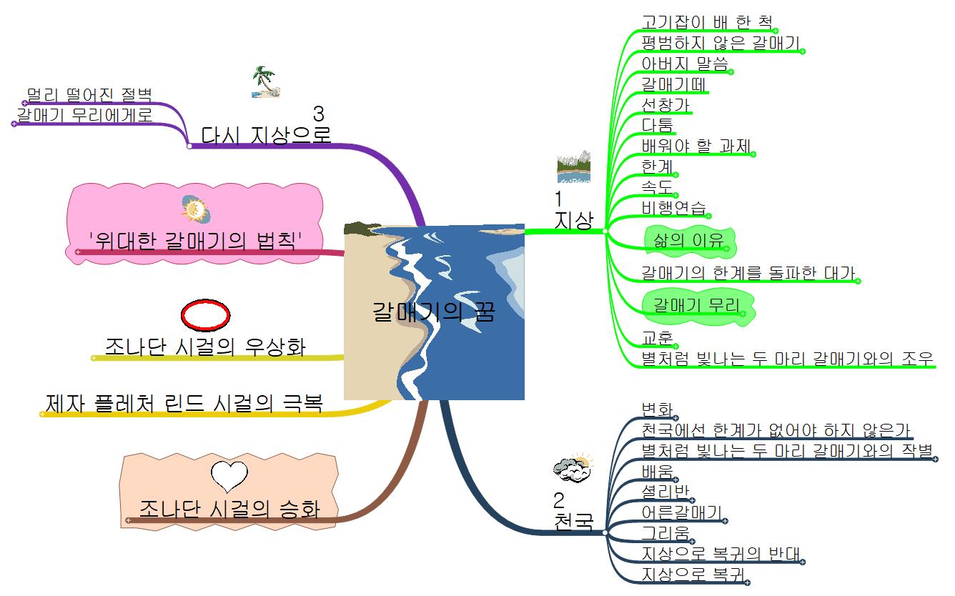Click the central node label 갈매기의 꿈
[x=433, y=312]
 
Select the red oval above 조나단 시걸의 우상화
[x=205, y=314]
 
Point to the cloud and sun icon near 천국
[x=573, y=467]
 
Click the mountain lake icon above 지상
[x=573, y=166]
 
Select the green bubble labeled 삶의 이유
[x=688, y=241]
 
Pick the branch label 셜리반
[x=665, y=492]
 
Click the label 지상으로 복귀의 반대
[x=721, y=553]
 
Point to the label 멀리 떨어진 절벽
[x=89, y=95]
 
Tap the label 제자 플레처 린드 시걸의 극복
[x=183, y=404]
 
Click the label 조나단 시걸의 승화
[x=229, y=508]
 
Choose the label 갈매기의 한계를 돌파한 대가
[x=747, y=272]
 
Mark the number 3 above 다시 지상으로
[x=318, y=114]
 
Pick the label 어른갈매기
[x=681, y=512]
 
